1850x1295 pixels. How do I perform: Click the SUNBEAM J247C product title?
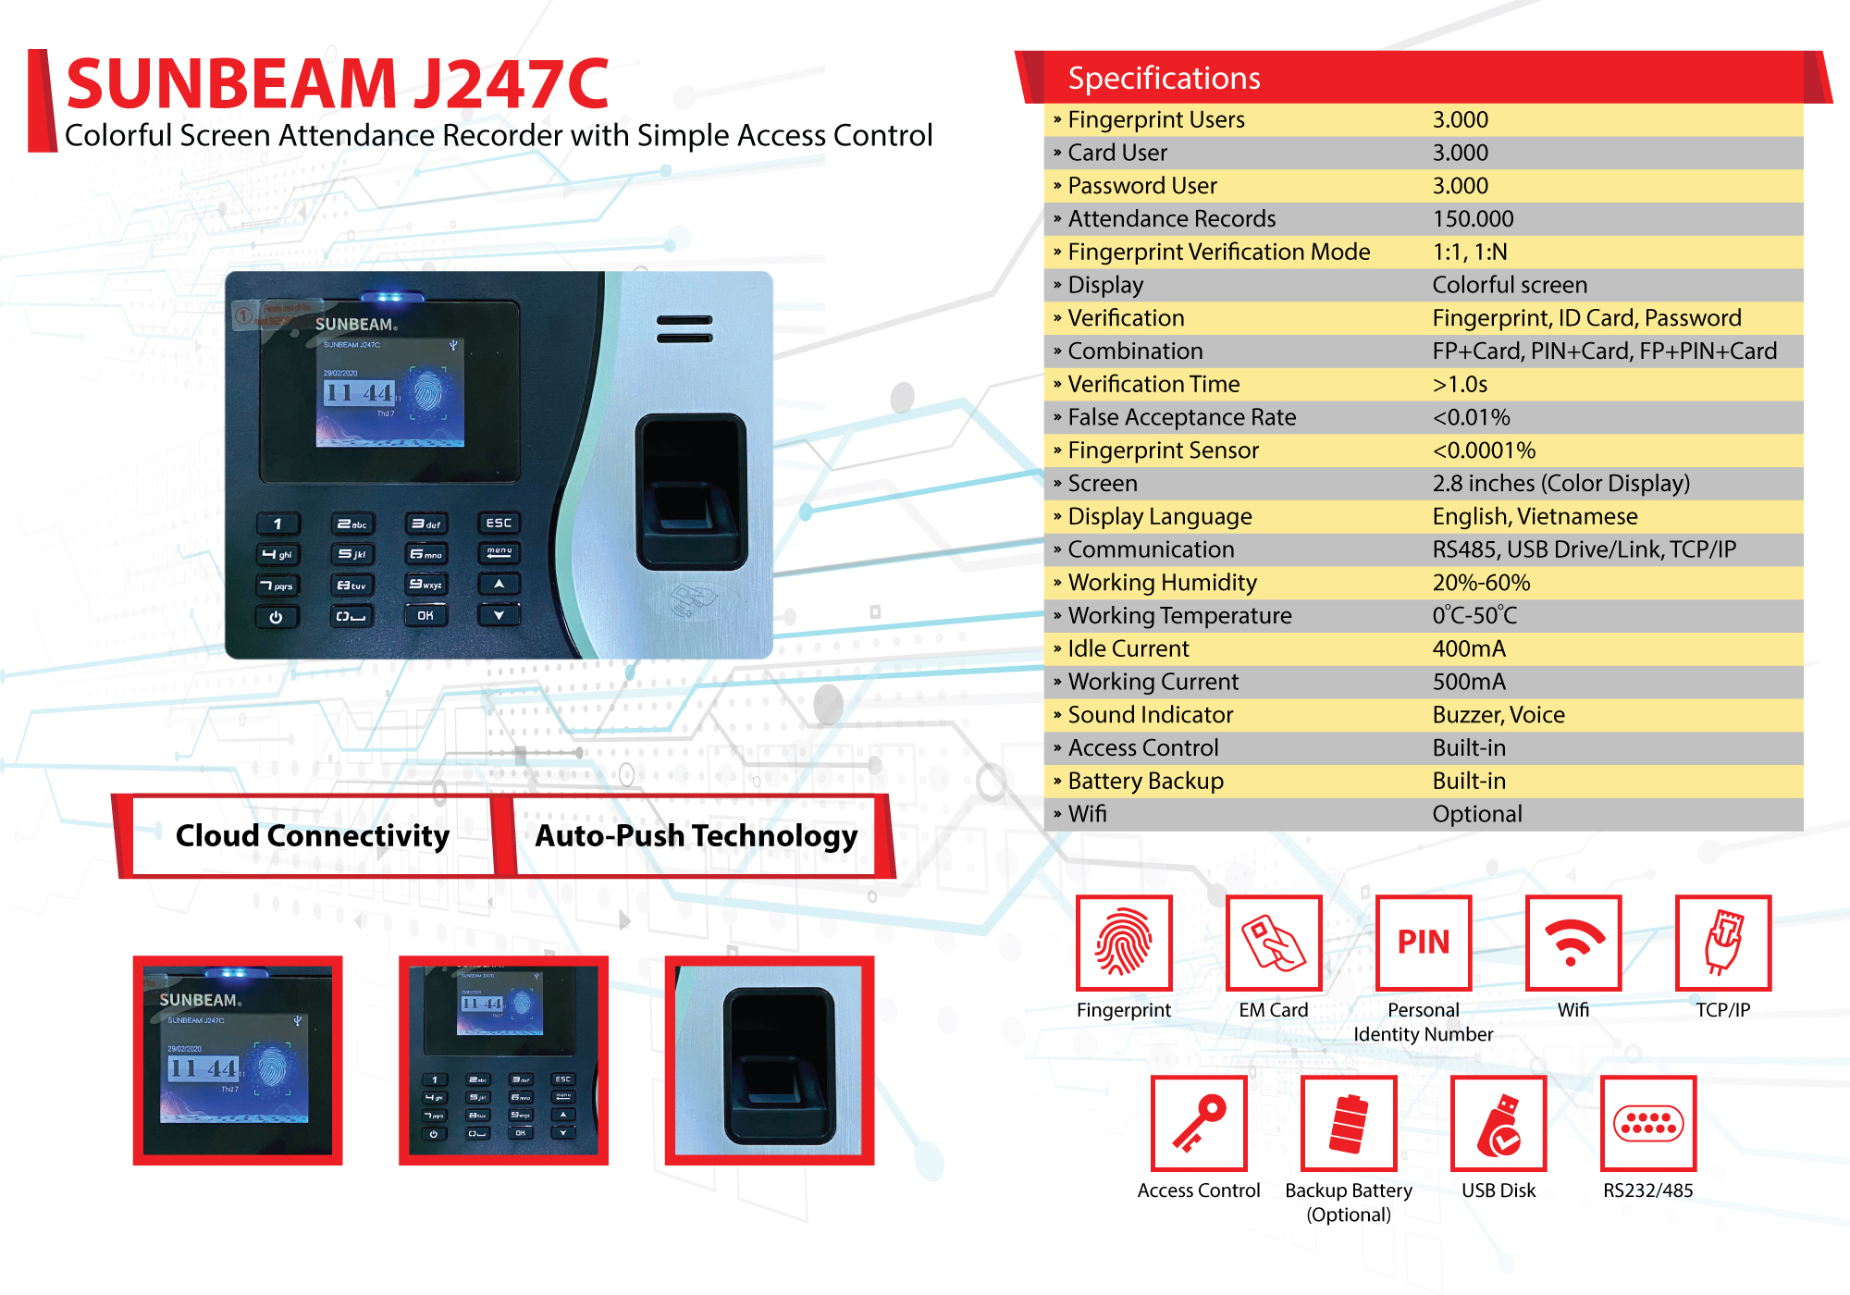(338, 83)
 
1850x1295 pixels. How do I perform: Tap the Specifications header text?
(1164, 79)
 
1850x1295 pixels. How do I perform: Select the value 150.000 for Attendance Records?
(1473, 219)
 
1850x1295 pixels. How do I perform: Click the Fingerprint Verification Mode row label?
(1218, 253)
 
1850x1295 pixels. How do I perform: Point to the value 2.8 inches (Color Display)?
(1560, 484)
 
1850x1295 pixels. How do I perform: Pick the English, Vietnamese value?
(1535, 516)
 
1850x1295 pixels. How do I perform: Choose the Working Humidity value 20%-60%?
(1481, 583)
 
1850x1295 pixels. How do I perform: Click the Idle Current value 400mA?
(1469, 648)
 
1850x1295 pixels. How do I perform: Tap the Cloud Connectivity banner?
(312, 835)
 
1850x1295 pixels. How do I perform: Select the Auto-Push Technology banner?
(696, 835)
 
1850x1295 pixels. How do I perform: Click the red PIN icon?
(1424, 943)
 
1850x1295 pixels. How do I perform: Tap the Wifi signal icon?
(1573, 943)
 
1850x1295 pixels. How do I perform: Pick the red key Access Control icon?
(1199, 1123)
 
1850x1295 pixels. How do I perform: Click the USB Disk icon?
(1498, 1123)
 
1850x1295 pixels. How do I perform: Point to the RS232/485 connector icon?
(1648, 1123)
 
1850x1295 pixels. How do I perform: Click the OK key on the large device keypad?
(425, 615)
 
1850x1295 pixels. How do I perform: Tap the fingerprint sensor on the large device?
(691, 492)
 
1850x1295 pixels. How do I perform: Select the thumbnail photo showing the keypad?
(503, 1060)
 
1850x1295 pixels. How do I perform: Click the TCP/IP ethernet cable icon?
(1723, 943)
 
